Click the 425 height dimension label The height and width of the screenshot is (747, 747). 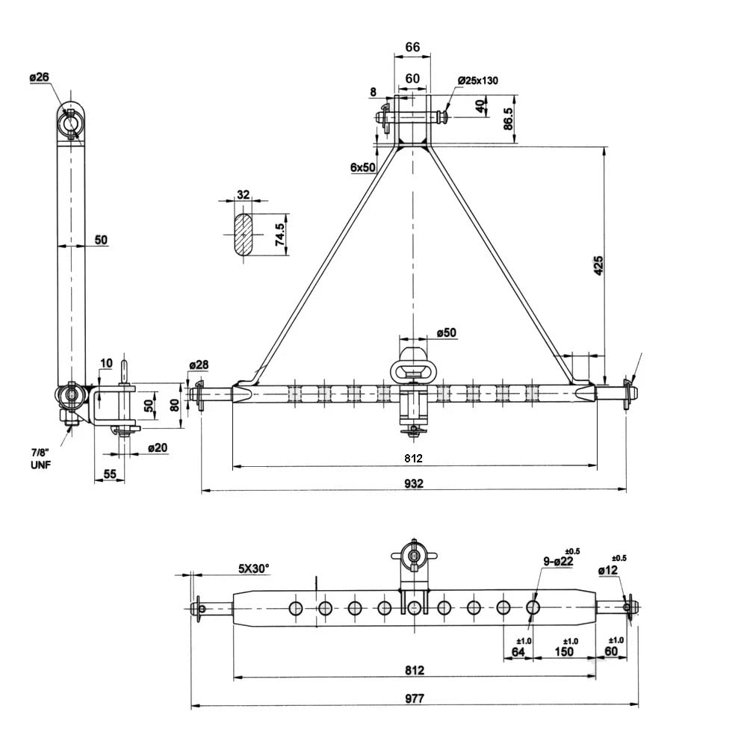click(598, 265)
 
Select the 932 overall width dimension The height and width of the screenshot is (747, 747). click(414, 483)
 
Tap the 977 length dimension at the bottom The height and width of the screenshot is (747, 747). click(415, 698)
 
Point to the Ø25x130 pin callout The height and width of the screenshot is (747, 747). click(478, 81)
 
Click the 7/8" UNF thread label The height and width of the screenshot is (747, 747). click(40, 459)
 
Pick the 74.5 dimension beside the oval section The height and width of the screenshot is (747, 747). click(280, 235)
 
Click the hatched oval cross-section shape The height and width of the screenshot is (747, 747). click(244, 235)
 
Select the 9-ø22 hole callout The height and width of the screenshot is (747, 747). click(558, 561)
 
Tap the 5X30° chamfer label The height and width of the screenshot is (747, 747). click(253, 568)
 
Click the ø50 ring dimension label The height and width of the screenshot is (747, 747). click(447, 332)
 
